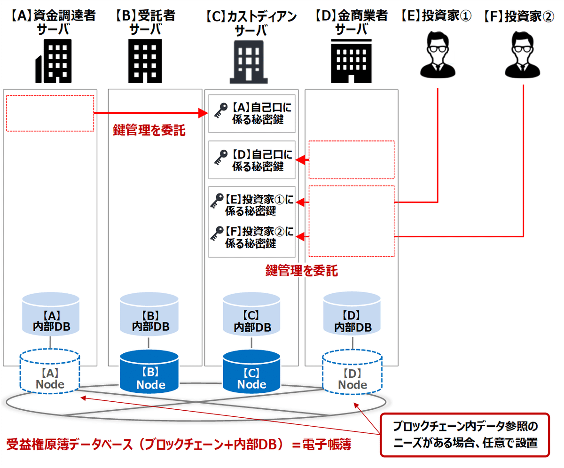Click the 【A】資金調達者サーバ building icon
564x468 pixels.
[54, 60]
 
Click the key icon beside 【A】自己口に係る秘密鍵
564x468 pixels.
[219, 113]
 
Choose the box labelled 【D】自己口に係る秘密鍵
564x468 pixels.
[252, 160]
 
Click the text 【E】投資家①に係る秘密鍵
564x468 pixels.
[259, 205]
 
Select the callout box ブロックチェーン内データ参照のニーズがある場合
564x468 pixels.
[464, 435]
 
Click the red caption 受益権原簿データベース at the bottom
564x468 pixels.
[179, 444]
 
